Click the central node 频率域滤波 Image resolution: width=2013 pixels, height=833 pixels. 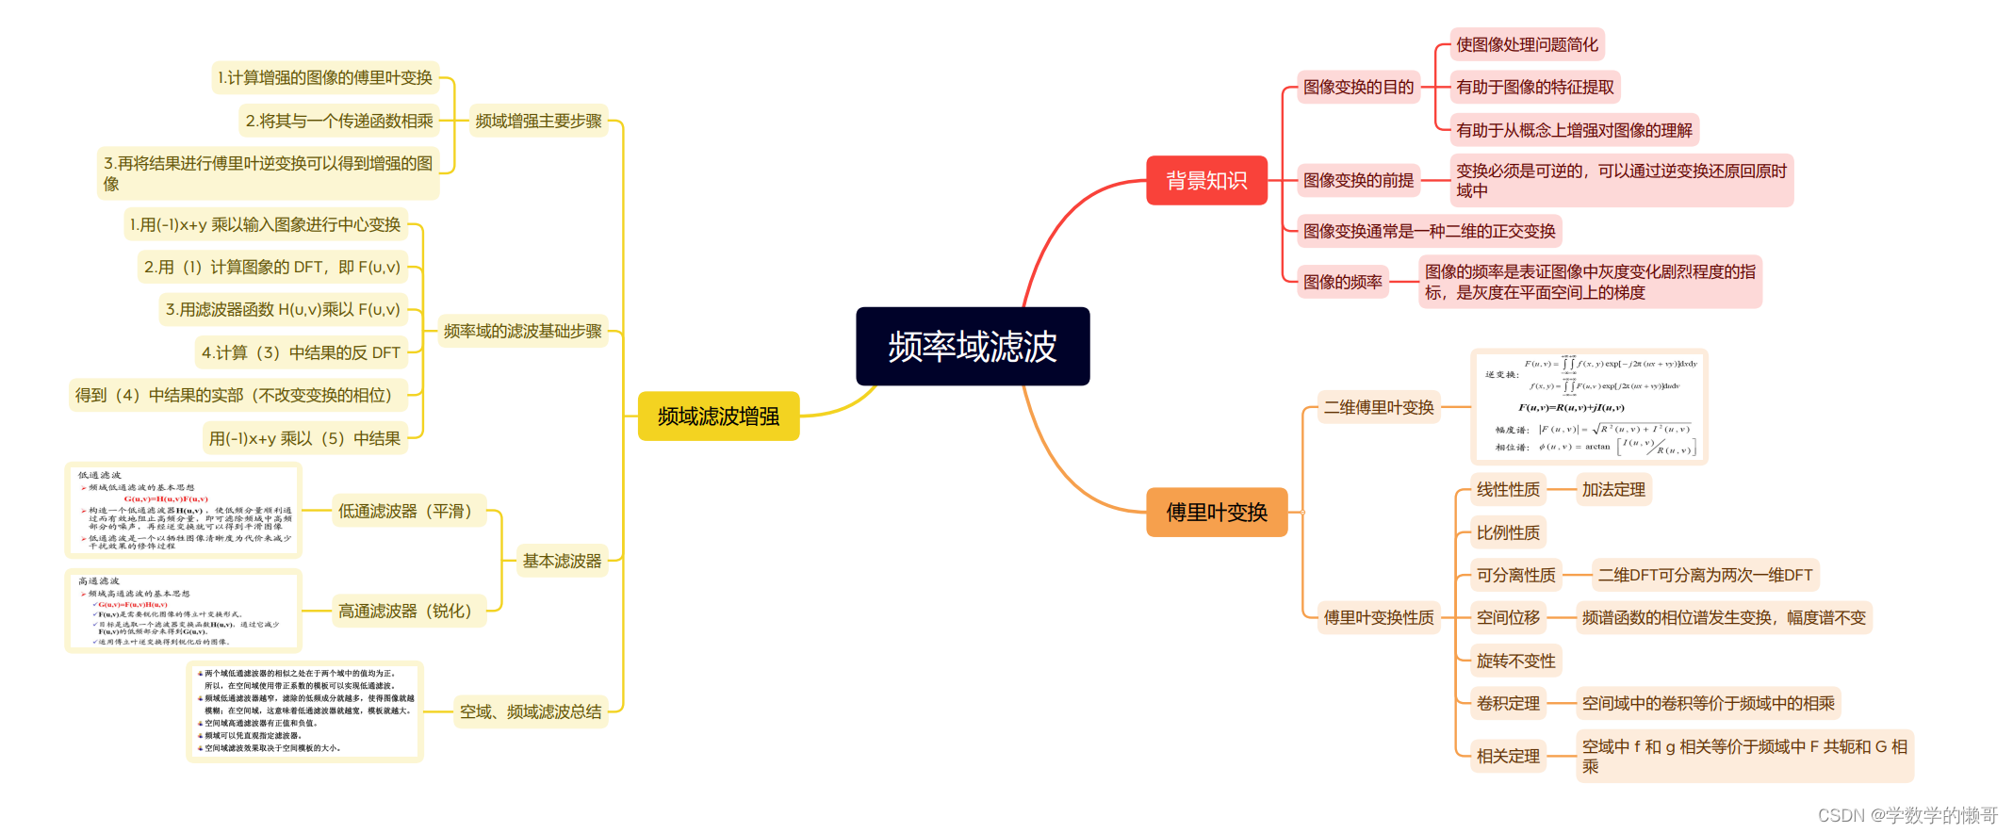(973, 347)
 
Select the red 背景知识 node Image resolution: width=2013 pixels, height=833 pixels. (1206, 180)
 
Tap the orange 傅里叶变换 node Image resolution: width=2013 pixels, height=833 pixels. (1217, 513)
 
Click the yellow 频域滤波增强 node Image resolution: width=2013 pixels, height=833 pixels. (718, 416)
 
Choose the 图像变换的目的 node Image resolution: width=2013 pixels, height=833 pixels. (1358, 87)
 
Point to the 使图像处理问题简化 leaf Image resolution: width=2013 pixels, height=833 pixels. (1527, 44)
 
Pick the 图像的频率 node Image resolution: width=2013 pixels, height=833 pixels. (1342, 282)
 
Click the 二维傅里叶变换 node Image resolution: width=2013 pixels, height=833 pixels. (1378, 407)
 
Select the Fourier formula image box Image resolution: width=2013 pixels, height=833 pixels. (1589, 407)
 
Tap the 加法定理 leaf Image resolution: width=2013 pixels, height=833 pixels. (1613, 490)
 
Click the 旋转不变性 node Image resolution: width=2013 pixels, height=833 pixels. (1515, 661)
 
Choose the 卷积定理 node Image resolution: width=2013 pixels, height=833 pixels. (1508, 703)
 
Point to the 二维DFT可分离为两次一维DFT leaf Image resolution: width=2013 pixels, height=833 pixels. (1705, 575)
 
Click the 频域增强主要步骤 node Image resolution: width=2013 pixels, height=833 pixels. (538, 121)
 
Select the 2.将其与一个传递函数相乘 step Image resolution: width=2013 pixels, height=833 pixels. (339, 121)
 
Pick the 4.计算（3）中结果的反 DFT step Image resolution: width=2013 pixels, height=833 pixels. (301, 352)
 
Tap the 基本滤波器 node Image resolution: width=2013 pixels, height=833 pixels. (562, 561)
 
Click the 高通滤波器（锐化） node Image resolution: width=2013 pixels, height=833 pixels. (405, 611)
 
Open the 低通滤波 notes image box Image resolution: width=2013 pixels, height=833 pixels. (184, 510)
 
